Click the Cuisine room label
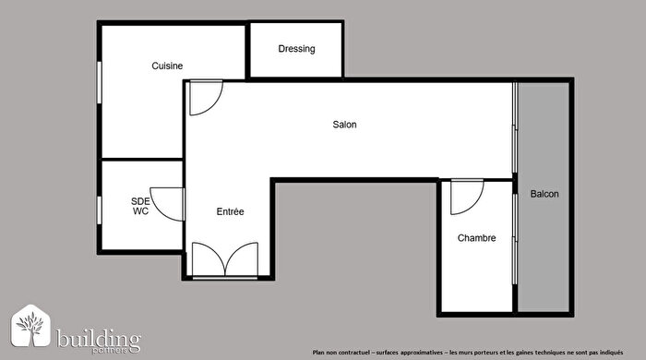(167, 66)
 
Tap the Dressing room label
(296, 49)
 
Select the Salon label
(344, 125)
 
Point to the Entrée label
(230, 211)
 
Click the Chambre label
(476, 237)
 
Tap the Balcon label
(544, 195)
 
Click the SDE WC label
(140, 205)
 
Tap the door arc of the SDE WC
(168, 203)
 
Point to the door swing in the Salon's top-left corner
(204, 98)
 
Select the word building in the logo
(99, 336)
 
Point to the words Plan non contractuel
(342, 352)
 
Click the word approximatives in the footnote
(415, 352)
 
